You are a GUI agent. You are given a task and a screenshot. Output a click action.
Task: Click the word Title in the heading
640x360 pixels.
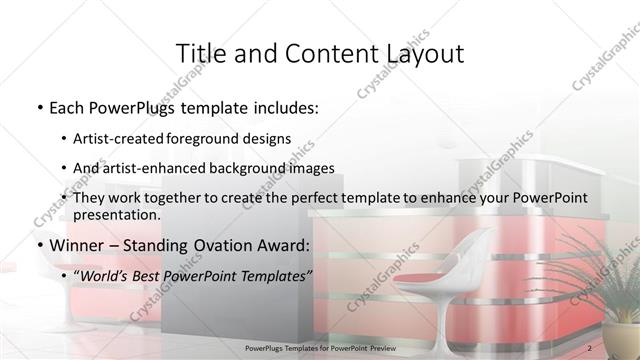click(x=201, y=53)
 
